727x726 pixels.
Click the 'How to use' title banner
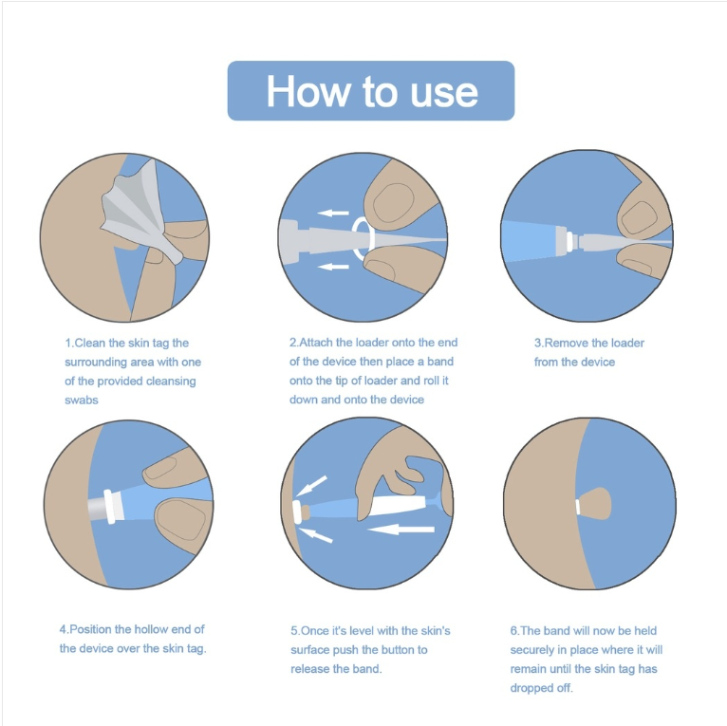tap(371, 91)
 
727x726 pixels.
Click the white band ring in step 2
tap(363, 238)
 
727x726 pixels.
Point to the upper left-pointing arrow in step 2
tap(333, 213)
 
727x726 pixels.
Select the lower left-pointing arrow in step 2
tap(333, 267)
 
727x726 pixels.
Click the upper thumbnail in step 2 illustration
tap(393, 203)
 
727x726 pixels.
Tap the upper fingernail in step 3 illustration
tap(640, 217)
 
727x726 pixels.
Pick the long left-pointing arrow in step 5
tap(401, 529)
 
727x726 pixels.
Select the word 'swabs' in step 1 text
tap(82, 400)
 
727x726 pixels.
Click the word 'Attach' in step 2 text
tap(316, 343)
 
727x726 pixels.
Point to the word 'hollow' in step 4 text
tap(150, 629)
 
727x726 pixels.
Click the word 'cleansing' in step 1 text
tap(171, 382)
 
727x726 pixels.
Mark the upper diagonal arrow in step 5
tap(311, 485)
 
